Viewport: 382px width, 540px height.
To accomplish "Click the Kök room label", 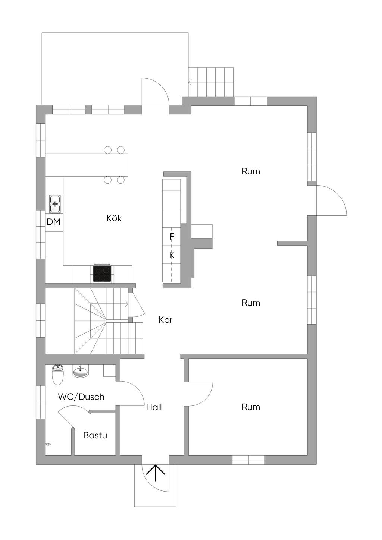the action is (x=114, y=218).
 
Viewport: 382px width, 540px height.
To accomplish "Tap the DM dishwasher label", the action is (x=53, y=222).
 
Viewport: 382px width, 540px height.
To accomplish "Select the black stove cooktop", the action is (x=102, y=274).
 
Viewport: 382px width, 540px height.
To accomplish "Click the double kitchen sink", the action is (x=55, y=204).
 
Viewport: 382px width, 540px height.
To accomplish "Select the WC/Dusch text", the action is (x=81, y=397).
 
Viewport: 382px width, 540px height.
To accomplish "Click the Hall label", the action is (x=154, y=407).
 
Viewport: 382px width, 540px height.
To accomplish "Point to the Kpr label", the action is (x=166, y=320).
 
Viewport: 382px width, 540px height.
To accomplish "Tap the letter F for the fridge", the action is (x=172, y=237).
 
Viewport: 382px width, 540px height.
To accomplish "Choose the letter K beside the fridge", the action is (x=172, y=255).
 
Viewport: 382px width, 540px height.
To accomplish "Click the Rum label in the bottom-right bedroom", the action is (x=251, y=407).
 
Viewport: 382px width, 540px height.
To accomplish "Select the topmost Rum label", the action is (x=251, y=171).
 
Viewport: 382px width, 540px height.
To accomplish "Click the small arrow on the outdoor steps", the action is (x=190, y=82).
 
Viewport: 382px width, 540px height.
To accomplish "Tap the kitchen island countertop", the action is (x=87, y=165).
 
